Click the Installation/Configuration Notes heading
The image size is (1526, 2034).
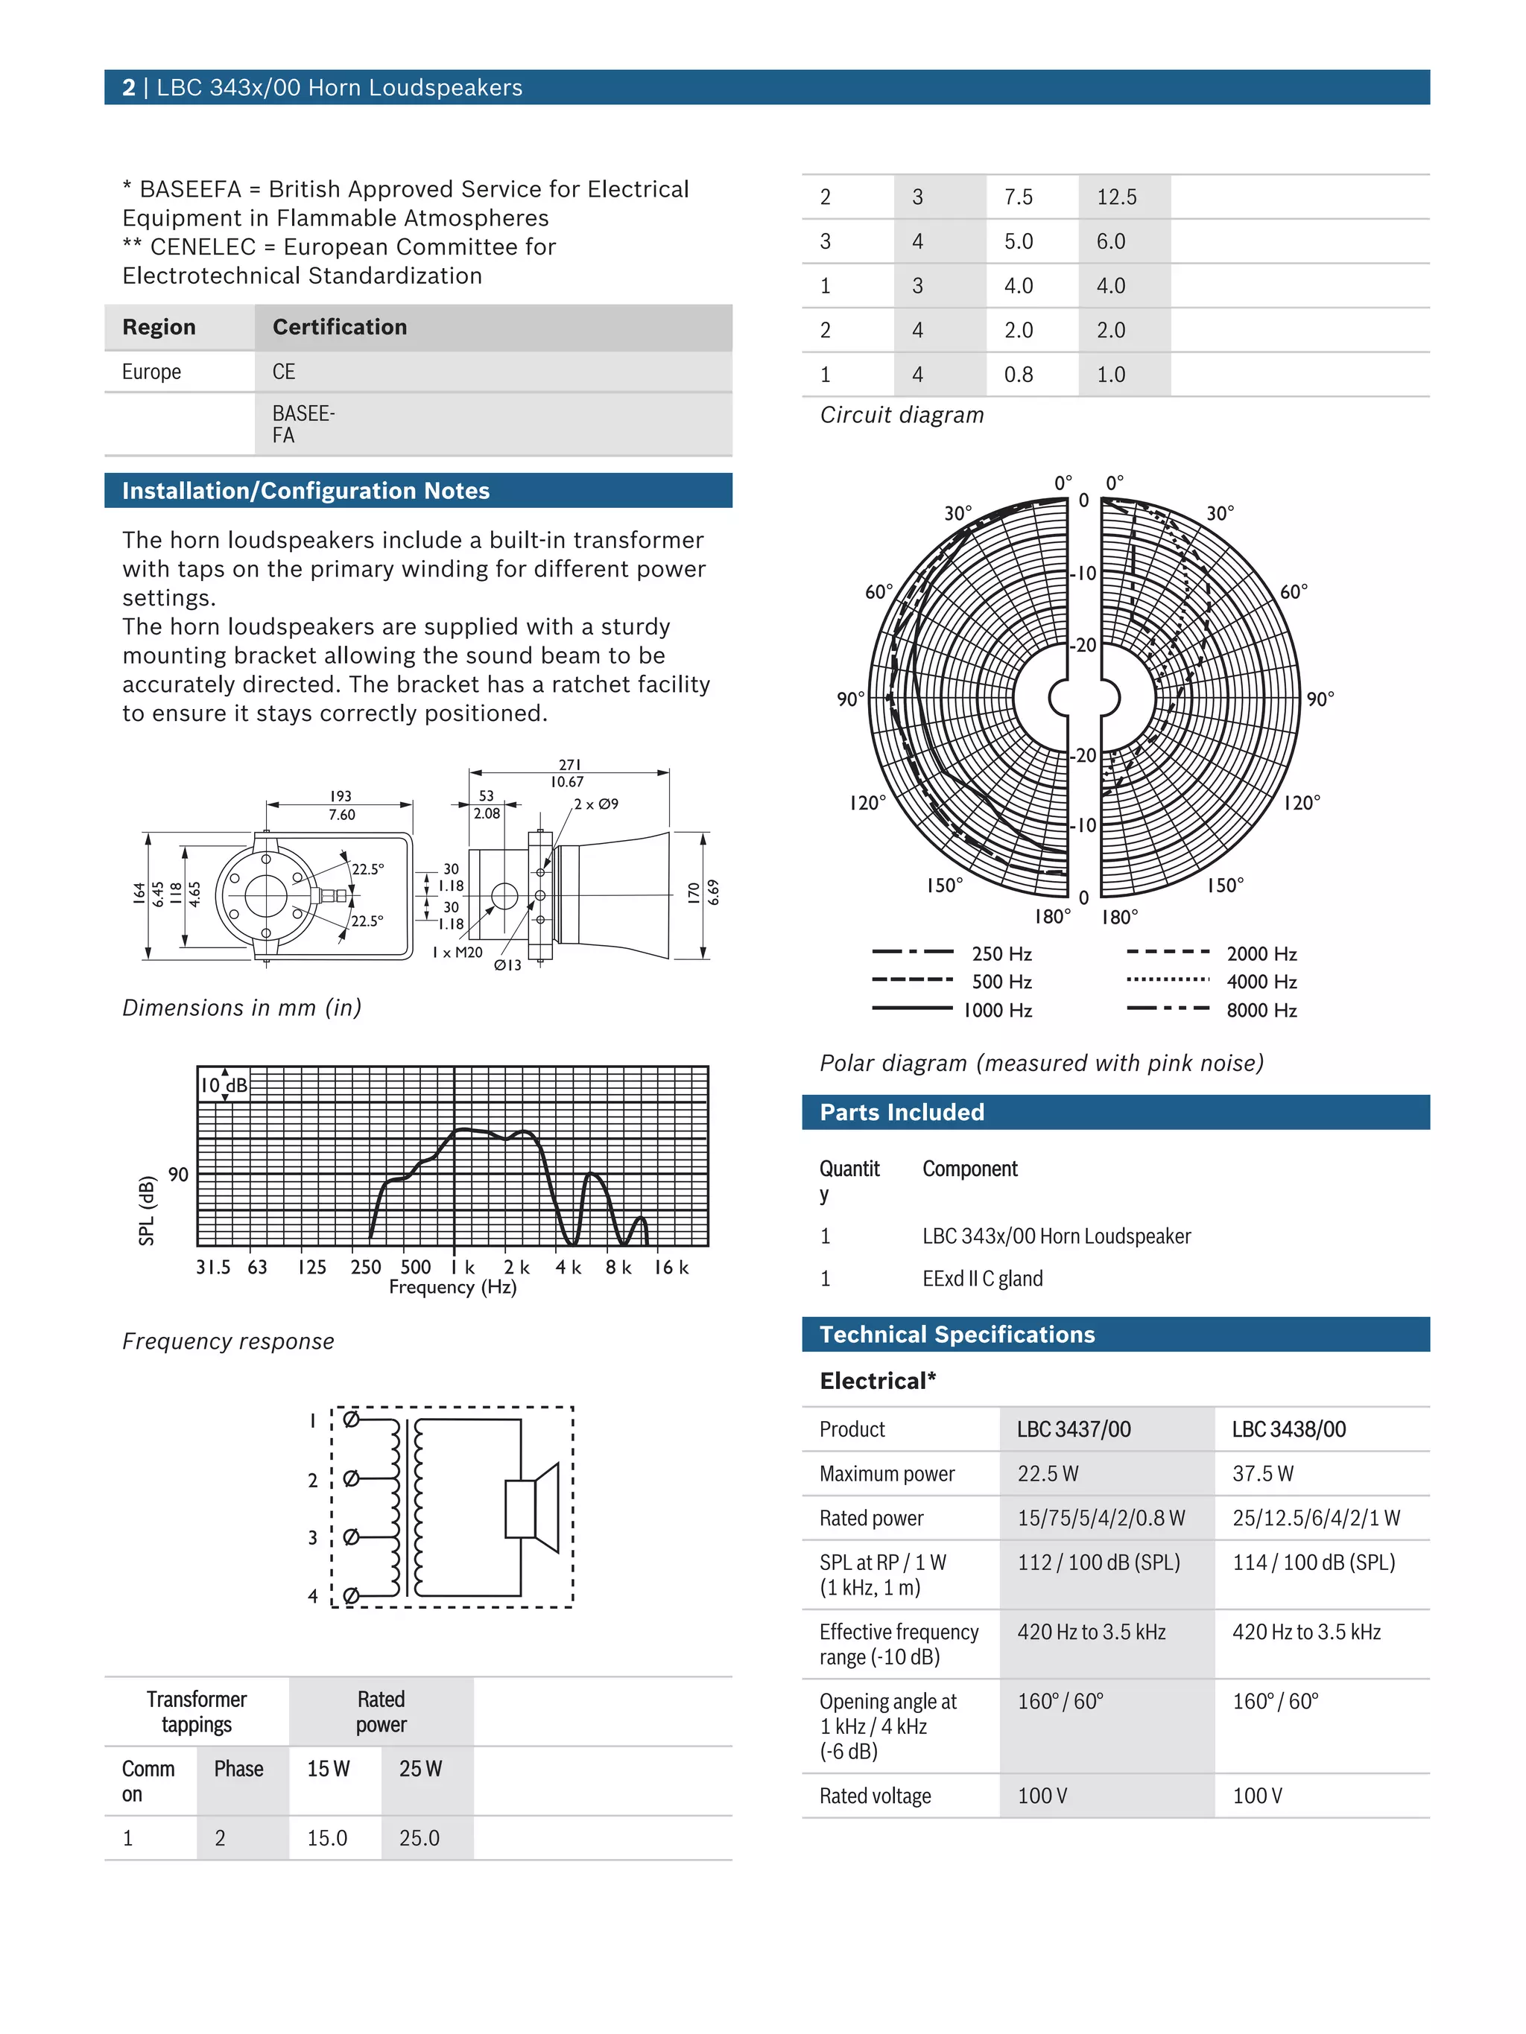(x=305, y=490)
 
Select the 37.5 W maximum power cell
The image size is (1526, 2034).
(x=1262, y=1473)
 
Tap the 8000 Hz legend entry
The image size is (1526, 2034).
(x=1261, y=1010)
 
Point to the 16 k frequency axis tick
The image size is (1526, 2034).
(x=671, y=1267)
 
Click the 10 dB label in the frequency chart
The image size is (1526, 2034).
(x=224, y=1085)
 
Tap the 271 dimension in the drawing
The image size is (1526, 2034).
(x=569, y=765)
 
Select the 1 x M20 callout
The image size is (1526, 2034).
(x=458, y=953)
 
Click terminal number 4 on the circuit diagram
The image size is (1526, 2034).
(x=313, y=1596)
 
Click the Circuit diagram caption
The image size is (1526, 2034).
(x=902, y=415)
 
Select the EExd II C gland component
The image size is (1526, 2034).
(x=982, y=1278)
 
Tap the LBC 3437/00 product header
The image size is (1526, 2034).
(x=1074, y=1429)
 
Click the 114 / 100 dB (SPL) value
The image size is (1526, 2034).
(x=1313, y=1563)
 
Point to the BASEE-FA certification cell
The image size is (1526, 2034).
(x=303, y=424)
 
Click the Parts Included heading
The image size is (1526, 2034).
(x=902, y=1112)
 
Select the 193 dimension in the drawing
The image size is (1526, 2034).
(x=341, y=795)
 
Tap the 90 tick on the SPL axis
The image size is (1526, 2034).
(x=177, y=1175)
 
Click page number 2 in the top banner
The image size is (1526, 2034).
(x=129, y=87)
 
